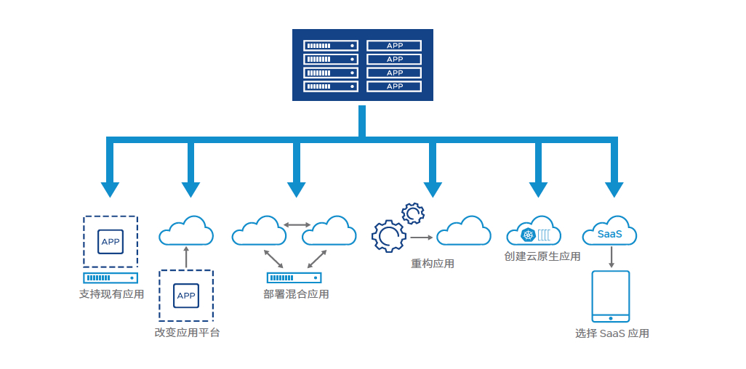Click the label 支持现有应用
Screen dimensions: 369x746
[111, 294]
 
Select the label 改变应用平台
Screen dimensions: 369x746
[187, 333]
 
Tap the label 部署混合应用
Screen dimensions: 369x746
[296, 294]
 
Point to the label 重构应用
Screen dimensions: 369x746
[433, 264]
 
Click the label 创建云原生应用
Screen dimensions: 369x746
[542, 256]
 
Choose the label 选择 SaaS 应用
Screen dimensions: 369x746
[611, 333]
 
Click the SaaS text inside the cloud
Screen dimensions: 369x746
[609, 234]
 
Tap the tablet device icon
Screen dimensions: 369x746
[611, 296]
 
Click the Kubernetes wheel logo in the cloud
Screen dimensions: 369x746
[528, 235]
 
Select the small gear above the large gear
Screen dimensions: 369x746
[413, 214]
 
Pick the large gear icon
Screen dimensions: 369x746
[388, 235]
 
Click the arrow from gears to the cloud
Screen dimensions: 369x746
[421, 238]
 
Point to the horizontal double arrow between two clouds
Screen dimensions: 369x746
[296, 225]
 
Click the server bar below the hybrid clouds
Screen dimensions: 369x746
[294, 277]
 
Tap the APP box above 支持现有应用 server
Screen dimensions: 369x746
[111, 241]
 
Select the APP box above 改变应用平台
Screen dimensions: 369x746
[186, 295]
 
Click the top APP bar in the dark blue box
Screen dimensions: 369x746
[394, 46]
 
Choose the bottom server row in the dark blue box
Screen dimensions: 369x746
[331, 86]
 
